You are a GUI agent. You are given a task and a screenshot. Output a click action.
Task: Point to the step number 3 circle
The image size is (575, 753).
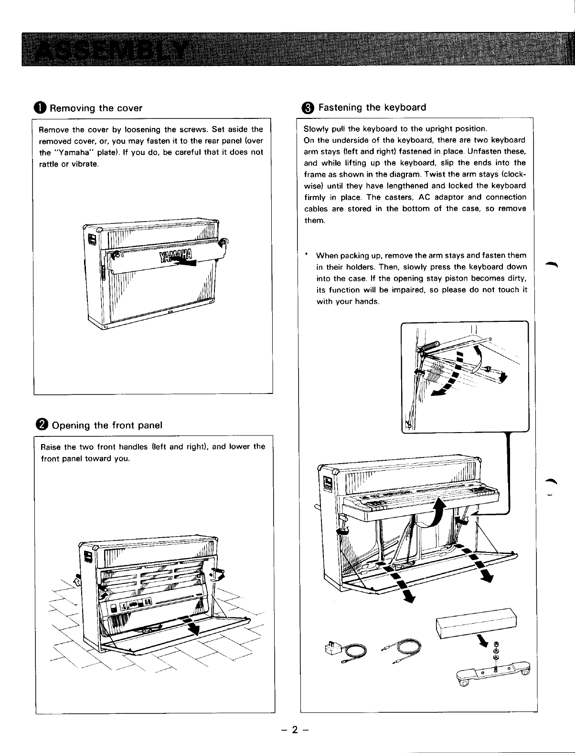click(309, 107)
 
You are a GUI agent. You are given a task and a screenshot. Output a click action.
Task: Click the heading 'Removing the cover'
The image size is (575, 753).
click(96, 108)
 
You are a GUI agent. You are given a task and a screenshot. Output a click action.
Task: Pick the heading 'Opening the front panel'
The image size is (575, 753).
click(106, 425)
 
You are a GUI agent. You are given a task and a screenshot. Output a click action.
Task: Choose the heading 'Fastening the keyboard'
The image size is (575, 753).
click(372, 107)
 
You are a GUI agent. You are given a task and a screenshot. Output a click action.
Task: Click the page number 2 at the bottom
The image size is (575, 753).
click(295, 729)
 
